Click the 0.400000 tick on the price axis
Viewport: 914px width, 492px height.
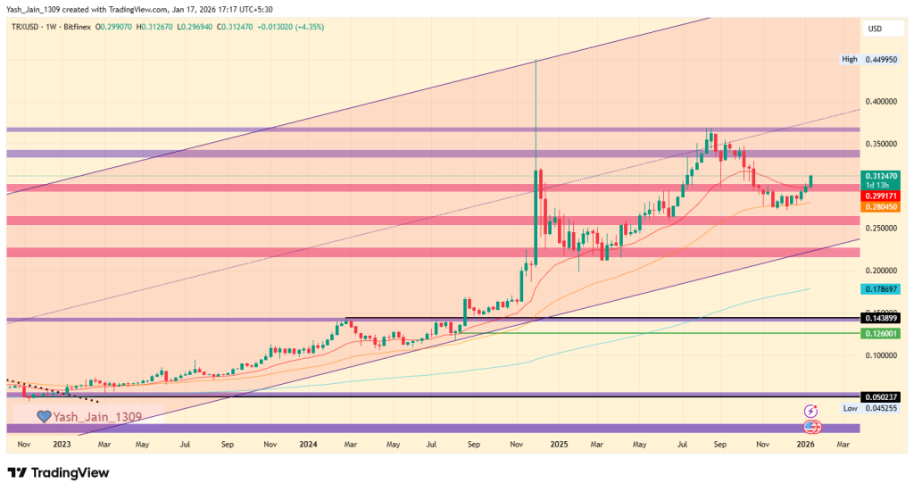pos(885,102)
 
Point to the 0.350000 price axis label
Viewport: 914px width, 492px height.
pos(885,144)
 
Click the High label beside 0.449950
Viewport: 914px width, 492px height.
pos(850,60)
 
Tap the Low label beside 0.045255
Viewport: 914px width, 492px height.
pos(851,408)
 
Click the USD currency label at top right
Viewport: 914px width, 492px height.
pos(875,29)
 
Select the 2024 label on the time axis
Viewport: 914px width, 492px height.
pos(308,443)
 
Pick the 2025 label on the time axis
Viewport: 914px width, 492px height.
pos(559,443)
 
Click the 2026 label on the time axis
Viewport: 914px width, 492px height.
pos(805,443)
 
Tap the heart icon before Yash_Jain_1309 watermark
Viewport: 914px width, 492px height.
pos(43,416)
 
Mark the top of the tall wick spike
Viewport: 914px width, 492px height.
pos(535,60)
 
